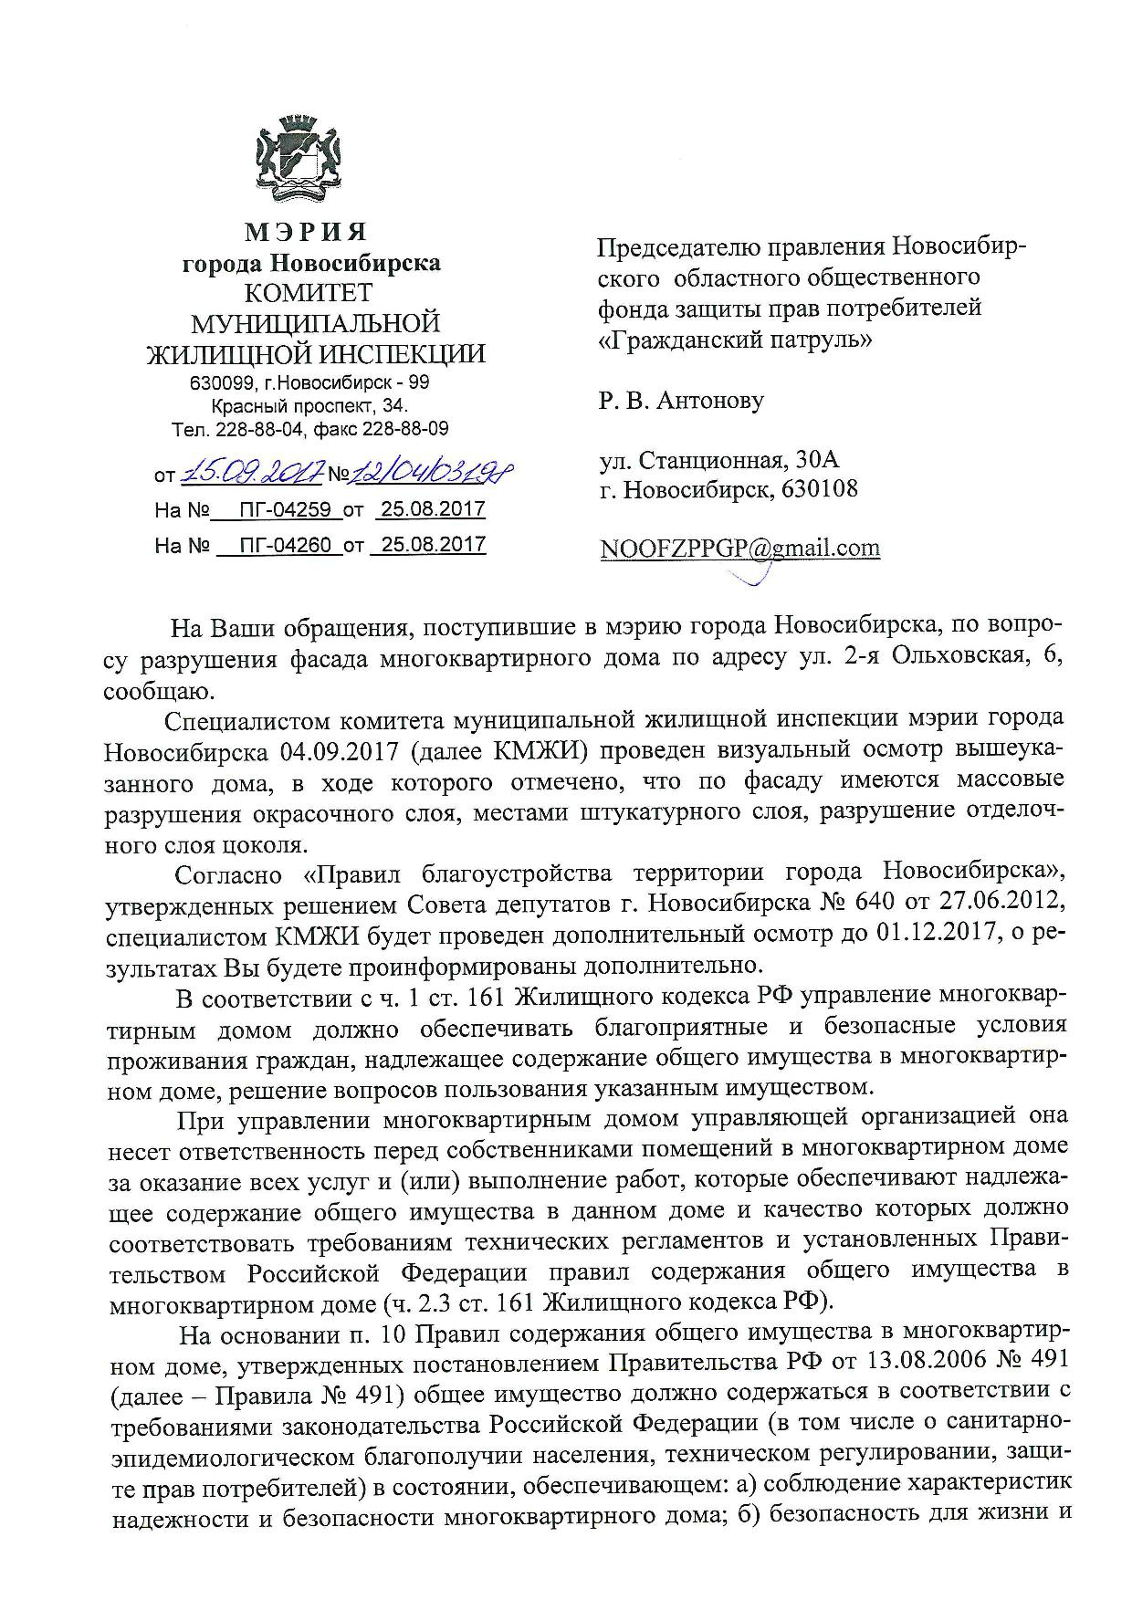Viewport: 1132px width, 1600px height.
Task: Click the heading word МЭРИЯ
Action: [x=311, y=232]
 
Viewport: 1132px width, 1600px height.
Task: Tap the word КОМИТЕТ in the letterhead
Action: [x=311, y=293]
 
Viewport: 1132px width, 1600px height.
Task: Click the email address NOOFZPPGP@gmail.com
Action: [x=739, y=548]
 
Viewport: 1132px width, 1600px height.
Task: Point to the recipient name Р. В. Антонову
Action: [x=681, y=400]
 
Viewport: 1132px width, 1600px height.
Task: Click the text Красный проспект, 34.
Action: [x=310, y=406]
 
